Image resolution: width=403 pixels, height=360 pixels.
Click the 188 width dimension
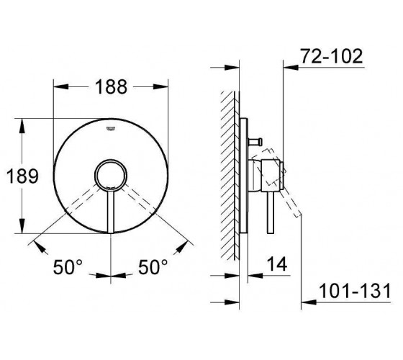(x=111, y=87)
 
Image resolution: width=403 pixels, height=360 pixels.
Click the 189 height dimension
(x=22, y=176)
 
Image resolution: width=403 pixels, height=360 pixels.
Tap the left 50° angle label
(x=68, y=267)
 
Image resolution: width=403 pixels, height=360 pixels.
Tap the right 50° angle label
(x=153, y=267)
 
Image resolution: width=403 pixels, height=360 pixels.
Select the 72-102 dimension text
(x=332, y=56)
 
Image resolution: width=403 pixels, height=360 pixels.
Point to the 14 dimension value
(x=277, y=264)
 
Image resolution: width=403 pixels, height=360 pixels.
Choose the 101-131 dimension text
(x=355, y=291)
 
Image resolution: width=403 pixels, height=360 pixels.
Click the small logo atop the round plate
(x=111, y=129)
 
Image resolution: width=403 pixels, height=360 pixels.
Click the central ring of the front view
(x=111, y=160)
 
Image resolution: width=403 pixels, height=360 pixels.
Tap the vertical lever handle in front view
(x=111, y=212)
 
